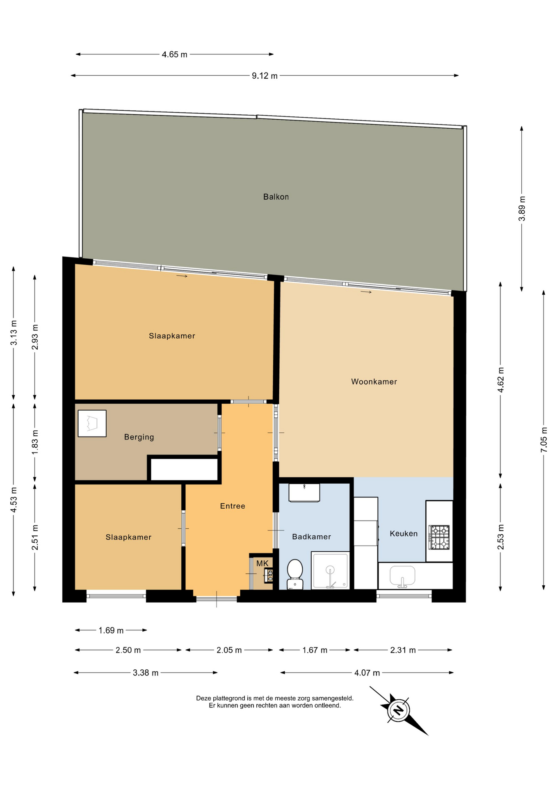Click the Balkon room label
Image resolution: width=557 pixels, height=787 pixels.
point(276,197)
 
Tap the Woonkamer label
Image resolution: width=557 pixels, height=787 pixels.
point(374,382)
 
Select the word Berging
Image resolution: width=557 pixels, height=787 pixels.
point(139,437)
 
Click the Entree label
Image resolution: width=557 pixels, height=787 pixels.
point(233,506)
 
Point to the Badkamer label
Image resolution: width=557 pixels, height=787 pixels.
point(311,537)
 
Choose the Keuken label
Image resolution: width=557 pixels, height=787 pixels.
point(404,533)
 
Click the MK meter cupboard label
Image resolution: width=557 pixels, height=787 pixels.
point(262,563)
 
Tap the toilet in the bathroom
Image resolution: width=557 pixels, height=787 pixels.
point(295,574)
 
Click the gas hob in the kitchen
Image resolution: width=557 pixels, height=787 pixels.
point(439,537)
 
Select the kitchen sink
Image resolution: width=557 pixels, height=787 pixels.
point(402,576)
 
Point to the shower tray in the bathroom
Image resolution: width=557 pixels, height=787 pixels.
point(330,571)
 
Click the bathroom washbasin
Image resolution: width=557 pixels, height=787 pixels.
point(304,492)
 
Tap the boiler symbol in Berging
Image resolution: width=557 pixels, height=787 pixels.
point(92,423)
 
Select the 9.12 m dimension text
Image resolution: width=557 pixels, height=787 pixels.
point(265,76)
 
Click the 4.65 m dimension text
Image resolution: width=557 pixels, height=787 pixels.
point(174,55)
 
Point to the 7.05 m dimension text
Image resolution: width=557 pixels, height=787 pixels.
point(544,440)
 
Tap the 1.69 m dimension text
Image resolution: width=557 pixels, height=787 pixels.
point(111,630)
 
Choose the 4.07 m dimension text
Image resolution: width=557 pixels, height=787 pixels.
point(367,673)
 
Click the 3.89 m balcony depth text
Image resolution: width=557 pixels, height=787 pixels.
point(522,209)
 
